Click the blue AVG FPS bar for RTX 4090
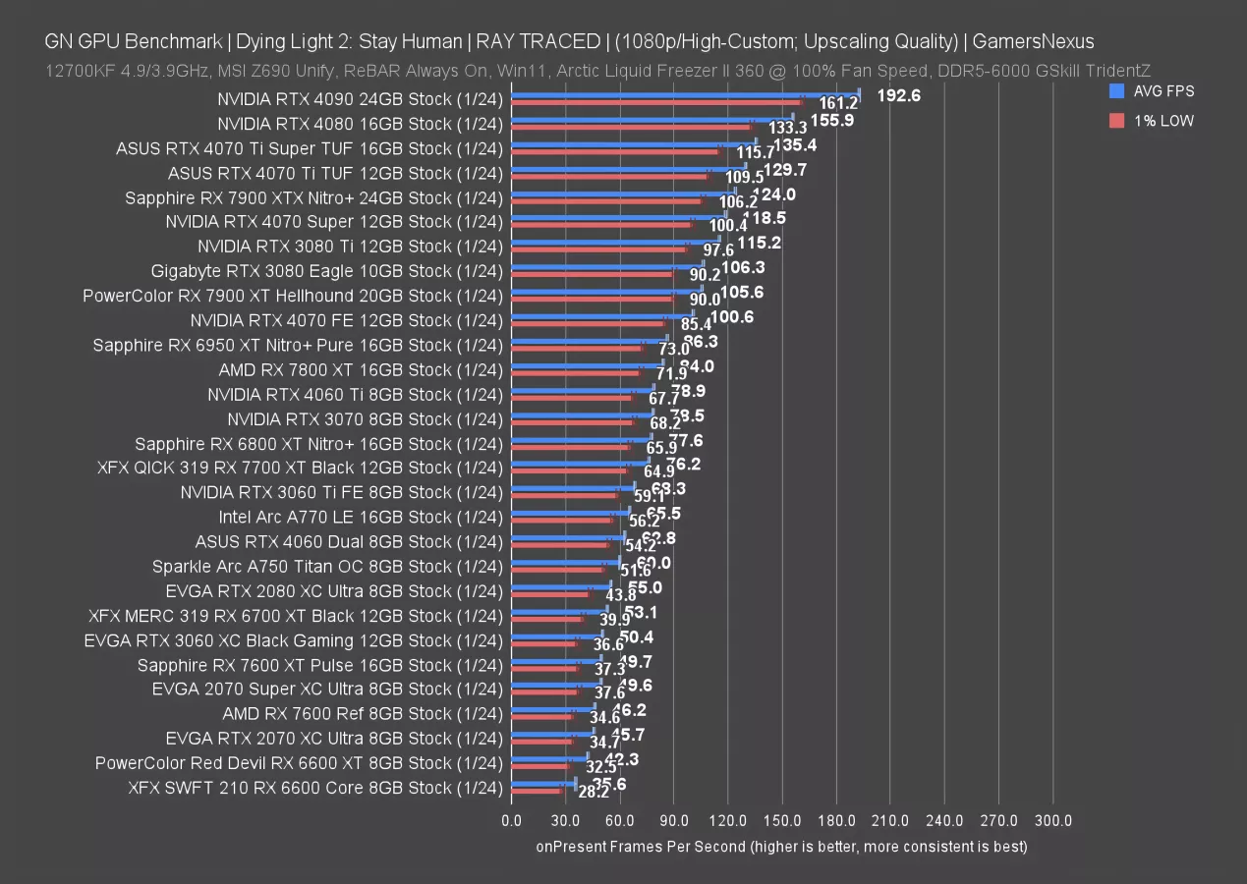[x=685, y=95]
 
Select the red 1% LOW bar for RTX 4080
[x=631, y=127]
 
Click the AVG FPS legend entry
[x=1163, y=90]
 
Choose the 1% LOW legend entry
[x=1162, y=120]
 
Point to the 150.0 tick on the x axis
[x=782, y=820]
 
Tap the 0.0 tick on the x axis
[x=511, y=820]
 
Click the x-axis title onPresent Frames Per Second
[x=781, y=846]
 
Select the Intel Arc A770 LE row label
[x=361, y=517]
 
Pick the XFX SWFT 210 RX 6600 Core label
[x=315, y=788]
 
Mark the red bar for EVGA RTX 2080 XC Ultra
[x=550, y=594]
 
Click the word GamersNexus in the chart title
[x=1033, y=41]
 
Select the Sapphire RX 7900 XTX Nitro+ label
[x=314, y=197]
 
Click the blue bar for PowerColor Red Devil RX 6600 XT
[x=549, y=758]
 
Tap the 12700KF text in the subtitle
[x=79, y=70]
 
